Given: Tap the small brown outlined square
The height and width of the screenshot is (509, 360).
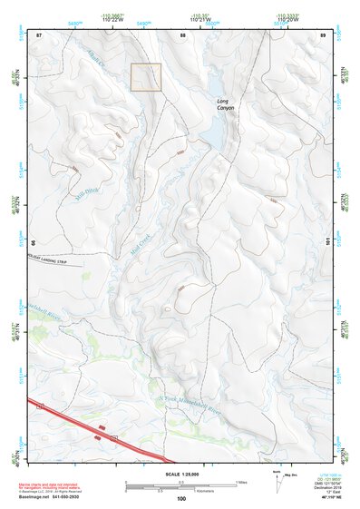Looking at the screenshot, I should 146,77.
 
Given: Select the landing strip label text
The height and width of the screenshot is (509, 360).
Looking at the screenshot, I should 52,257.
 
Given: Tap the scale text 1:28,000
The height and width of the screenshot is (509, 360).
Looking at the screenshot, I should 181,475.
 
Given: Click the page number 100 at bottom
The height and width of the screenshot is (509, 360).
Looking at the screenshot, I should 181,498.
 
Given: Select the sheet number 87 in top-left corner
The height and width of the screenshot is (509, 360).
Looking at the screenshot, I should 38,34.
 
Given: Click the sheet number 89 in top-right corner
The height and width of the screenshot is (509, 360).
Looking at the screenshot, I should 323,34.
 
